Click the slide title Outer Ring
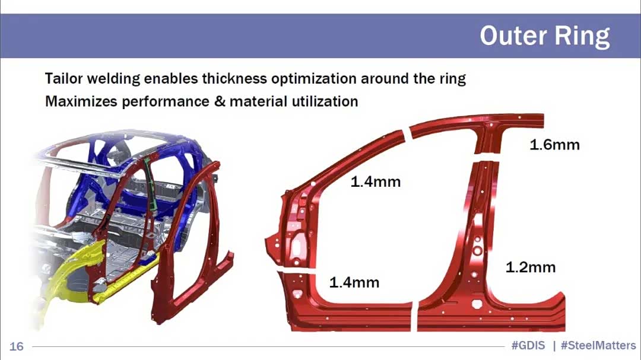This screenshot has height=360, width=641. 544,37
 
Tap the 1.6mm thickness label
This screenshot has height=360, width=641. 554,145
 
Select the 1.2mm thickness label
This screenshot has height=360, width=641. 531,267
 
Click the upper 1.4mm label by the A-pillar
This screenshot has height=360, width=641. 376,181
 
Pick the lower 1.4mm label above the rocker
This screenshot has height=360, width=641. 354,282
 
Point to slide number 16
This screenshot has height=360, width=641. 17,346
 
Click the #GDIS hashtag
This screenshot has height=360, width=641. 528,346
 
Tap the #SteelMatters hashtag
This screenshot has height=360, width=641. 598,346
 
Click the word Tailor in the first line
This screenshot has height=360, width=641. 64,78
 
